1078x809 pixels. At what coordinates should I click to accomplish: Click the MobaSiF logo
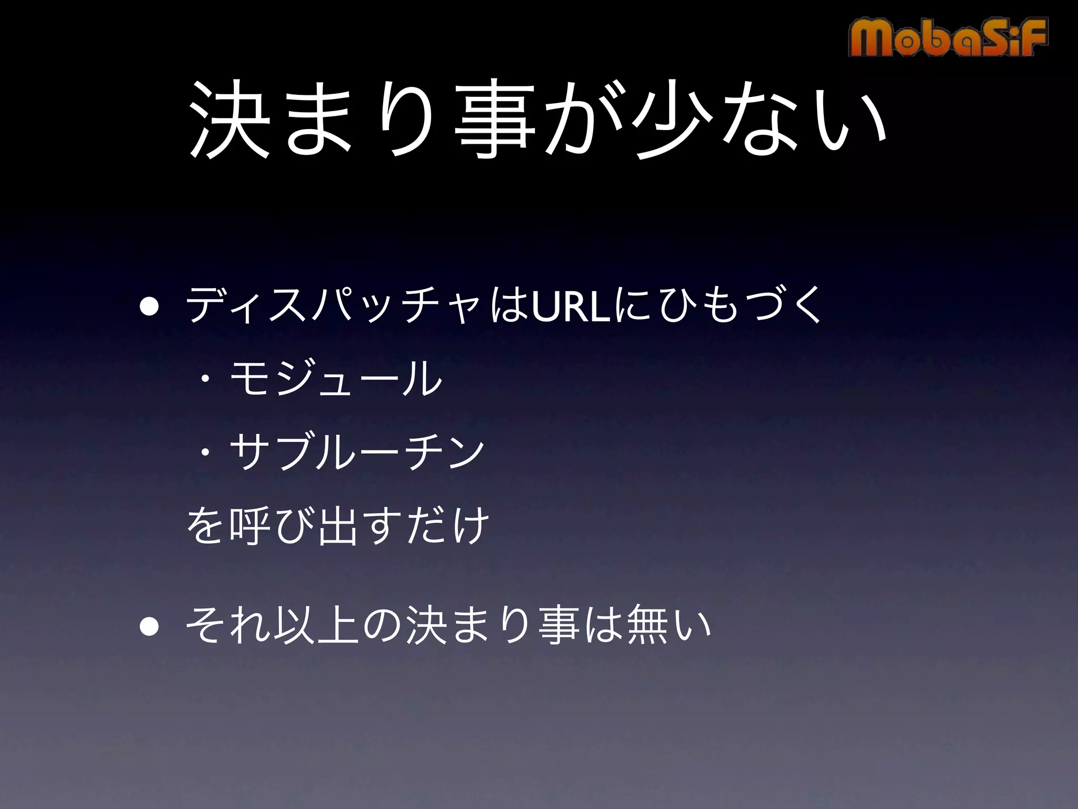(948, 37)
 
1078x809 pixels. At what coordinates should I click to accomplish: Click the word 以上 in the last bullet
(316, 626)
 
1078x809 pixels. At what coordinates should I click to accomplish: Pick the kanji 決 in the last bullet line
(424, 626)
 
